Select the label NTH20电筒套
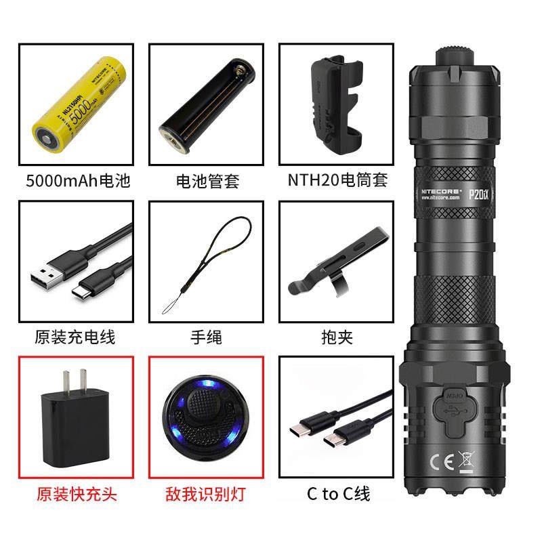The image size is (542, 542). pos(337,181)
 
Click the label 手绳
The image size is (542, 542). pos(207,337)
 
